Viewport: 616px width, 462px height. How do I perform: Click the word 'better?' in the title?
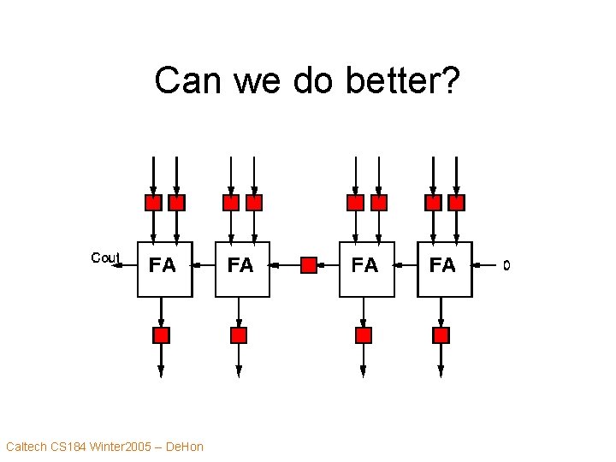[403, 81]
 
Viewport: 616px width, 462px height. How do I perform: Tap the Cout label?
[105, 258]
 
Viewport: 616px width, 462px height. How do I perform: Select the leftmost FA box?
[164, 269]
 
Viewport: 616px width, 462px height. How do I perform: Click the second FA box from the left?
[242, 269]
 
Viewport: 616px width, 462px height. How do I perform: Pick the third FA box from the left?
[366, 269]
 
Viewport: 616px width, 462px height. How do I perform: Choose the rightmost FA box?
[444, 269]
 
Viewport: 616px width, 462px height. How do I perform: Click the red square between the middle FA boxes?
[309, 265]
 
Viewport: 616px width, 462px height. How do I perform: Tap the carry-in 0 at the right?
[506, 266]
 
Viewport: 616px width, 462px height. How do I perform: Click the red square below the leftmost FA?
[161, 335]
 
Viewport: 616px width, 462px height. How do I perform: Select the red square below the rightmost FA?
[441, 335]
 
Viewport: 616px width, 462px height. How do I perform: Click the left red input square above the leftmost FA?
[152, 203]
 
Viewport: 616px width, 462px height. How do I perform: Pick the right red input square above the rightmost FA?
[457, 203]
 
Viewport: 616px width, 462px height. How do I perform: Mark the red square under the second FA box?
[239, 335]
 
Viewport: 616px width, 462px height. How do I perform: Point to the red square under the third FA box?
[364, 335]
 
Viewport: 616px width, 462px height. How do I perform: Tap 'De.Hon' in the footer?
[184, 447]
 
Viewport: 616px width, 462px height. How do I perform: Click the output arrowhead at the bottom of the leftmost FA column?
[161, 370]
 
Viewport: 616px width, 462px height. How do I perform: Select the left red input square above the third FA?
[355, 203]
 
